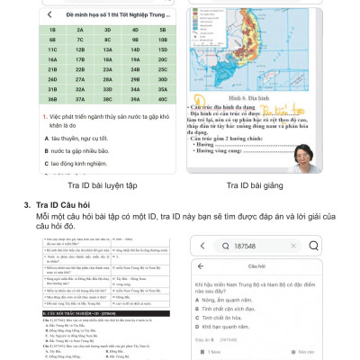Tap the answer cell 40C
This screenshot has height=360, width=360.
tap(162, 102)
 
